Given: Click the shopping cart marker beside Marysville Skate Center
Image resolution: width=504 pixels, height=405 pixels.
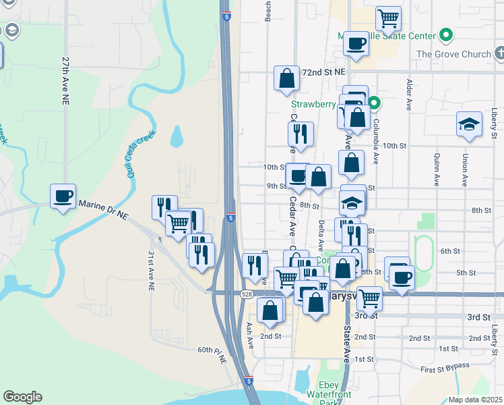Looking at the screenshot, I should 388,19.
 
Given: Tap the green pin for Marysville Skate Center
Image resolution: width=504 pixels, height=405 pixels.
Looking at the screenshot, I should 445,34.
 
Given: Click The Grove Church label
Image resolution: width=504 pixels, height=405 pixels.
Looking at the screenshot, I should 453,54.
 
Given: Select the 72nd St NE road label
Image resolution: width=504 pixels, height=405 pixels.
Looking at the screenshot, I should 323,72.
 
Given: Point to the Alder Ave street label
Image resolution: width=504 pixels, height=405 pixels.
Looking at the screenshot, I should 409,95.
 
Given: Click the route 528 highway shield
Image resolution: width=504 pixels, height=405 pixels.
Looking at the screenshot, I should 247,293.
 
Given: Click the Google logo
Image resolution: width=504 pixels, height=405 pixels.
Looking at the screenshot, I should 22,397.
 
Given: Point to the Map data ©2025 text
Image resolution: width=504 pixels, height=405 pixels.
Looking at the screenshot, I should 474,400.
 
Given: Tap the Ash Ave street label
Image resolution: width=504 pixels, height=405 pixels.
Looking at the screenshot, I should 249,334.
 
